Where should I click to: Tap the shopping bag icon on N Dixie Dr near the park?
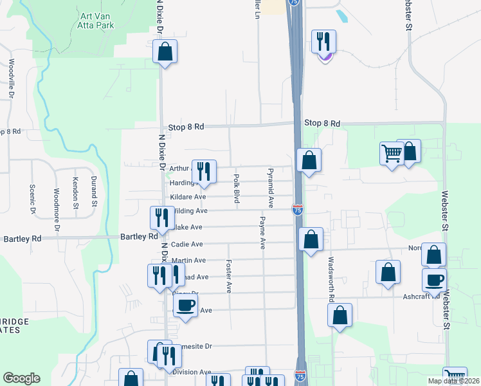pyautogui.click(x=165, y=51)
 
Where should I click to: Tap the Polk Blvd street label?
pyautogui.click(x=237, y=189)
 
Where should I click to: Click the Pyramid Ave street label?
pyautogui.click(x=271, y=188)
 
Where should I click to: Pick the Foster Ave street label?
pyautogui.click(x=228, y=276)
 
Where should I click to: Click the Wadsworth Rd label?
pyautogui.click(x=331, y=280)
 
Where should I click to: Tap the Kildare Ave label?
pyautogui.click(x=188, y=197)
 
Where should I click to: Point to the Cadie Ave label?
pyautogui.click(x=186, y=244)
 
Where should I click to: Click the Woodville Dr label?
pyautogui.click(x=12, y=79)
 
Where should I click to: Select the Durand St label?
pyautogui.click(x=93, y=190)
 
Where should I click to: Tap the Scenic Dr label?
pyautogui.click(x=32, y=199)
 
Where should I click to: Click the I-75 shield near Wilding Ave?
pyautogui.click(x=297, y=210)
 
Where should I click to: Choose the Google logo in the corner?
pyautogui.click(x=21, y=378)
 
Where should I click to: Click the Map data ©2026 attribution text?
pyautogui.click(x=453, y=381)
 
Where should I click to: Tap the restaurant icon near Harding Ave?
pyautogui.click(x=204, y=171)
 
